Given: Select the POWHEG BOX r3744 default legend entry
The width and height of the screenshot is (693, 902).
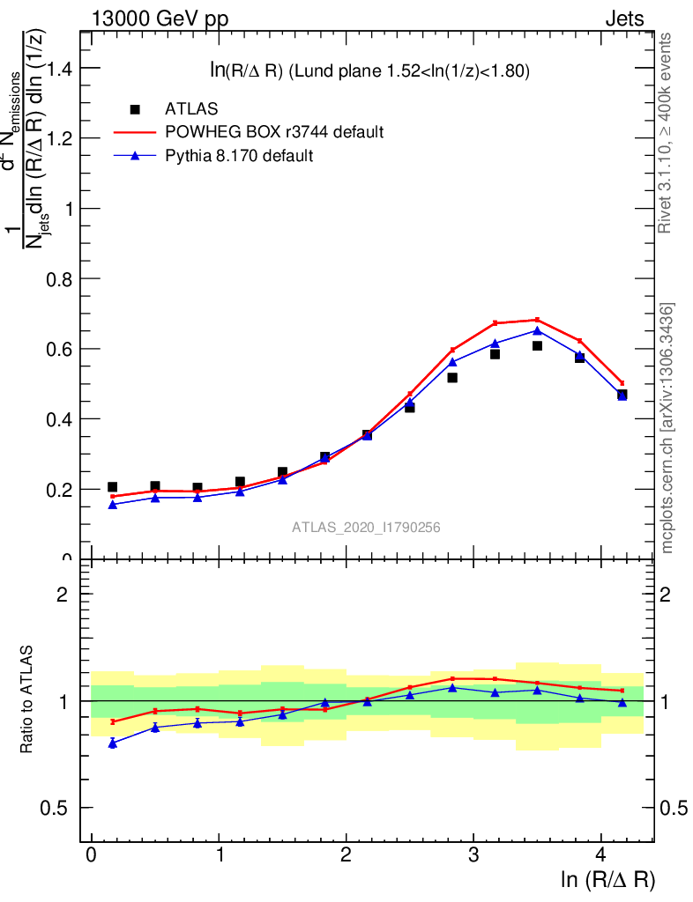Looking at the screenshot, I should click(x=273, y=132).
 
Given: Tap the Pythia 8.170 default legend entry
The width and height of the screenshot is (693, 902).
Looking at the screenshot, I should click(x=239, y=156).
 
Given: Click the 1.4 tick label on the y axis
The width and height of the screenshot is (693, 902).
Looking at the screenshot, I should click(x=55, y=69).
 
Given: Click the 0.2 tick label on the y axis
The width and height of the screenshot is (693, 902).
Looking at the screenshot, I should click(x=55, y=490).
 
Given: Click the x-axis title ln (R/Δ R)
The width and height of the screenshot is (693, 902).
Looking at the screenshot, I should click(x=607, y=879).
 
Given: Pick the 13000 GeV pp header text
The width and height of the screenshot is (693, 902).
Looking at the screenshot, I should click(x=159, y=18).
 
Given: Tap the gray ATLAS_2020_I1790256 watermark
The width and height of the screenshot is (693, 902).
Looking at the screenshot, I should click(x=366, y=527).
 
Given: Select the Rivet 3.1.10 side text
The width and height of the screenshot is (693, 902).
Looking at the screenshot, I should click(x=666, y=132).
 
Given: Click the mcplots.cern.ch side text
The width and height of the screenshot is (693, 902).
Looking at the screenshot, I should click(x=667, y=427).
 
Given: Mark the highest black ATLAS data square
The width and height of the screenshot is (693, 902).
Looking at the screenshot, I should click(x=537, y=345).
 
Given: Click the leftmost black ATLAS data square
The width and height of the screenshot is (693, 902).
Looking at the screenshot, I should click(x=112, y=486).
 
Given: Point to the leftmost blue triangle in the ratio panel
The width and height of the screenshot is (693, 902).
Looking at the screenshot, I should click(x=112, y=743).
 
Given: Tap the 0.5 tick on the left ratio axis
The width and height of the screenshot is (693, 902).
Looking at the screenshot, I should click(x=55, y=809).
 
